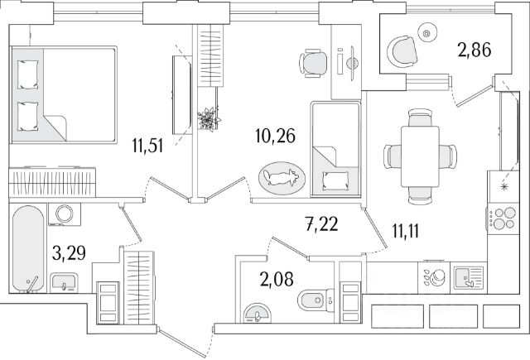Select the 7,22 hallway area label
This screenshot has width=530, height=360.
point(320,222)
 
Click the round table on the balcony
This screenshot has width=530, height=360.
point(427,33)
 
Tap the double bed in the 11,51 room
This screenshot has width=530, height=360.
point(62,94)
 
